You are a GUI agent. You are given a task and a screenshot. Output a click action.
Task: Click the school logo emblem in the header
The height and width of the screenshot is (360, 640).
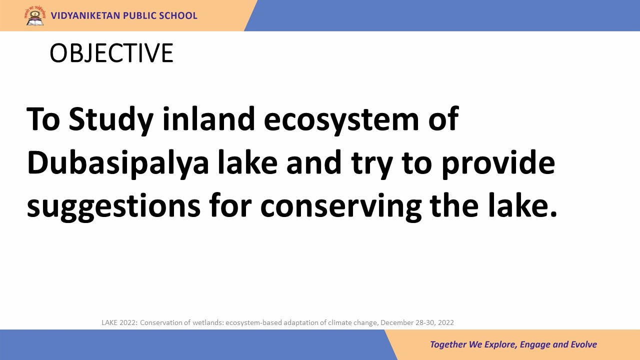click(x=34, y=16)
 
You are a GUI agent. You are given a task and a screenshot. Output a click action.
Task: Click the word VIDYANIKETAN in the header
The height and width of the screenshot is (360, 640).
click(x=85, y=15)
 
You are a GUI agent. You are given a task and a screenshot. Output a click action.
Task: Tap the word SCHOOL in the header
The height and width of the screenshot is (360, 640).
click(x=178, y=15)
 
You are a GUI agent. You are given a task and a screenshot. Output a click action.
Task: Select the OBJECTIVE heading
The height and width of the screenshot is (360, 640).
click(x=111, y=53)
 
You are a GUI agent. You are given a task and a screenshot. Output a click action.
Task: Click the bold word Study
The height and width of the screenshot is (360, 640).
click(x=111, y=120)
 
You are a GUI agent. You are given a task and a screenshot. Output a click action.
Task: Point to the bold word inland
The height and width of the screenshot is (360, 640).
click(x=208, y=118)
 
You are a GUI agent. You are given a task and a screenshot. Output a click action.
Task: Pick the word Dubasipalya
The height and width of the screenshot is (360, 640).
click(x=117, y=163)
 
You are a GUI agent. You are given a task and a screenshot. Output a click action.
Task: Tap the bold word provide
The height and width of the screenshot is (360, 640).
click(x=498, y=163)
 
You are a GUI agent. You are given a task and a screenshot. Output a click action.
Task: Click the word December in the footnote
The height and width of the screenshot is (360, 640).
click(x=397, y=322)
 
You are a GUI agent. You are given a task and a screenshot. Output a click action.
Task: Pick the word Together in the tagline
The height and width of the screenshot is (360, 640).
click(x=448, y=344)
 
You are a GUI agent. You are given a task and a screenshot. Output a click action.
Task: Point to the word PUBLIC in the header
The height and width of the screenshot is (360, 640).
click(x=139, y=15)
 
